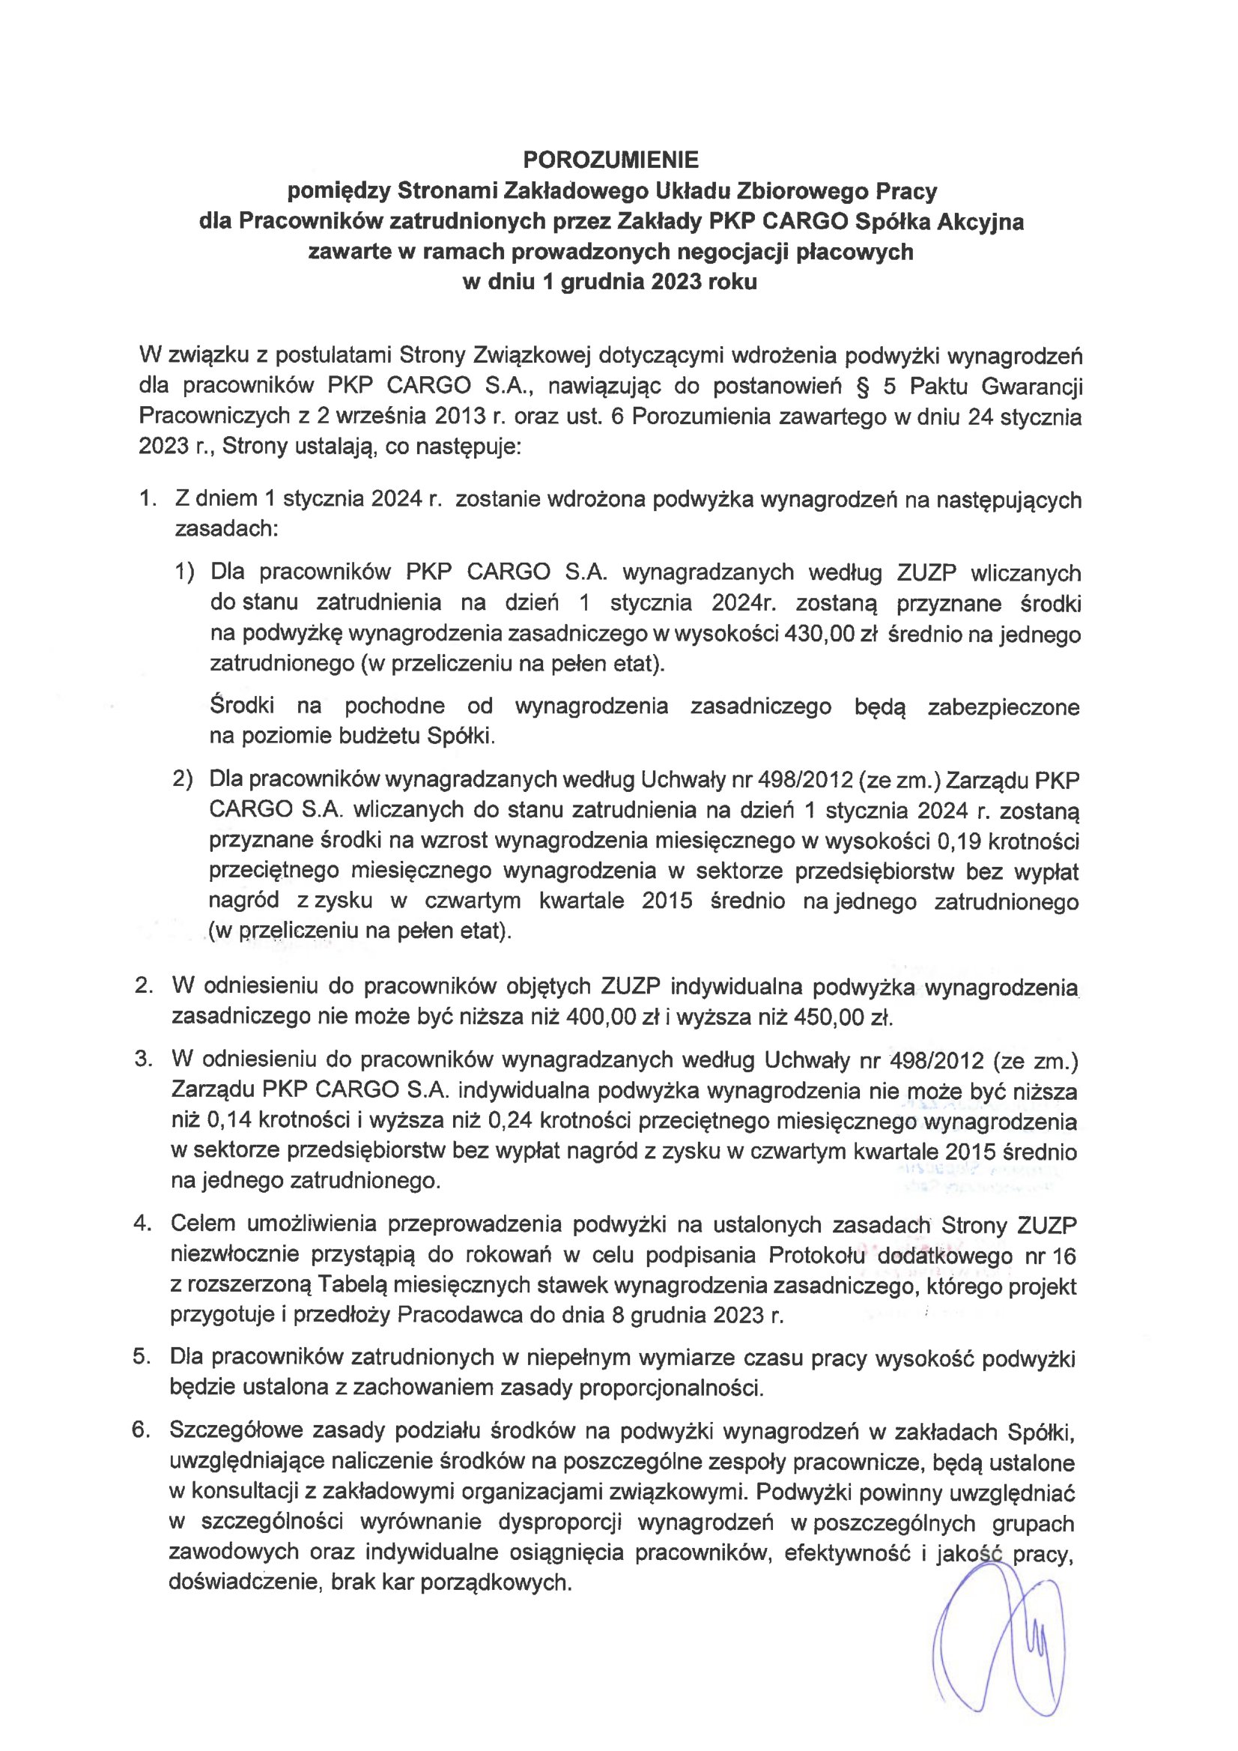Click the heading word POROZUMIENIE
610,160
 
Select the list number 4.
142,1224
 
